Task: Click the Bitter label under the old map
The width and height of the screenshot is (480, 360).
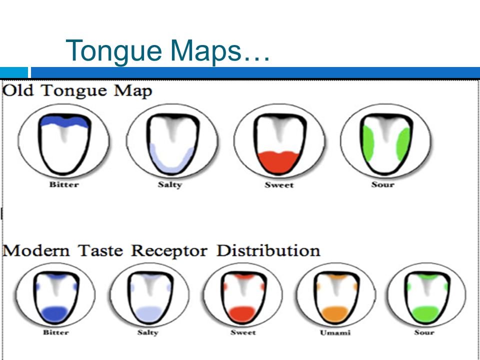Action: (x=64, y=184)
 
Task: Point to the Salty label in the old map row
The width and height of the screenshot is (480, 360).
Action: (x=170, y=184)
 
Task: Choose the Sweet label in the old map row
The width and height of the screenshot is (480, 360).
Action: (x=279, y=185)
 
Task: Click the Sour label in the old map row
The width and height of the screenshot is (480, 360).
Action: (x=383, y=184)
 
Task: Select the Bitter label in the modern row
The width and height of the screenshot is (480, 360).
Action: (x=55, y=332)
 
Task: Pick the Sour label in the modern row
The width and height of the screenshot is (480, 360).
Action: (x=424, y=332)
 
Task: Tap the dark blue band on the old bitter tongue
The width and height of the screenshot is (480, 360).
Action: (x=64, y=121)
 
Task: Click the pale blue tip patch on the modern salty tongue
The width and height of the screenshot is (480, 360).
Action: (x=148, y=314)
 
